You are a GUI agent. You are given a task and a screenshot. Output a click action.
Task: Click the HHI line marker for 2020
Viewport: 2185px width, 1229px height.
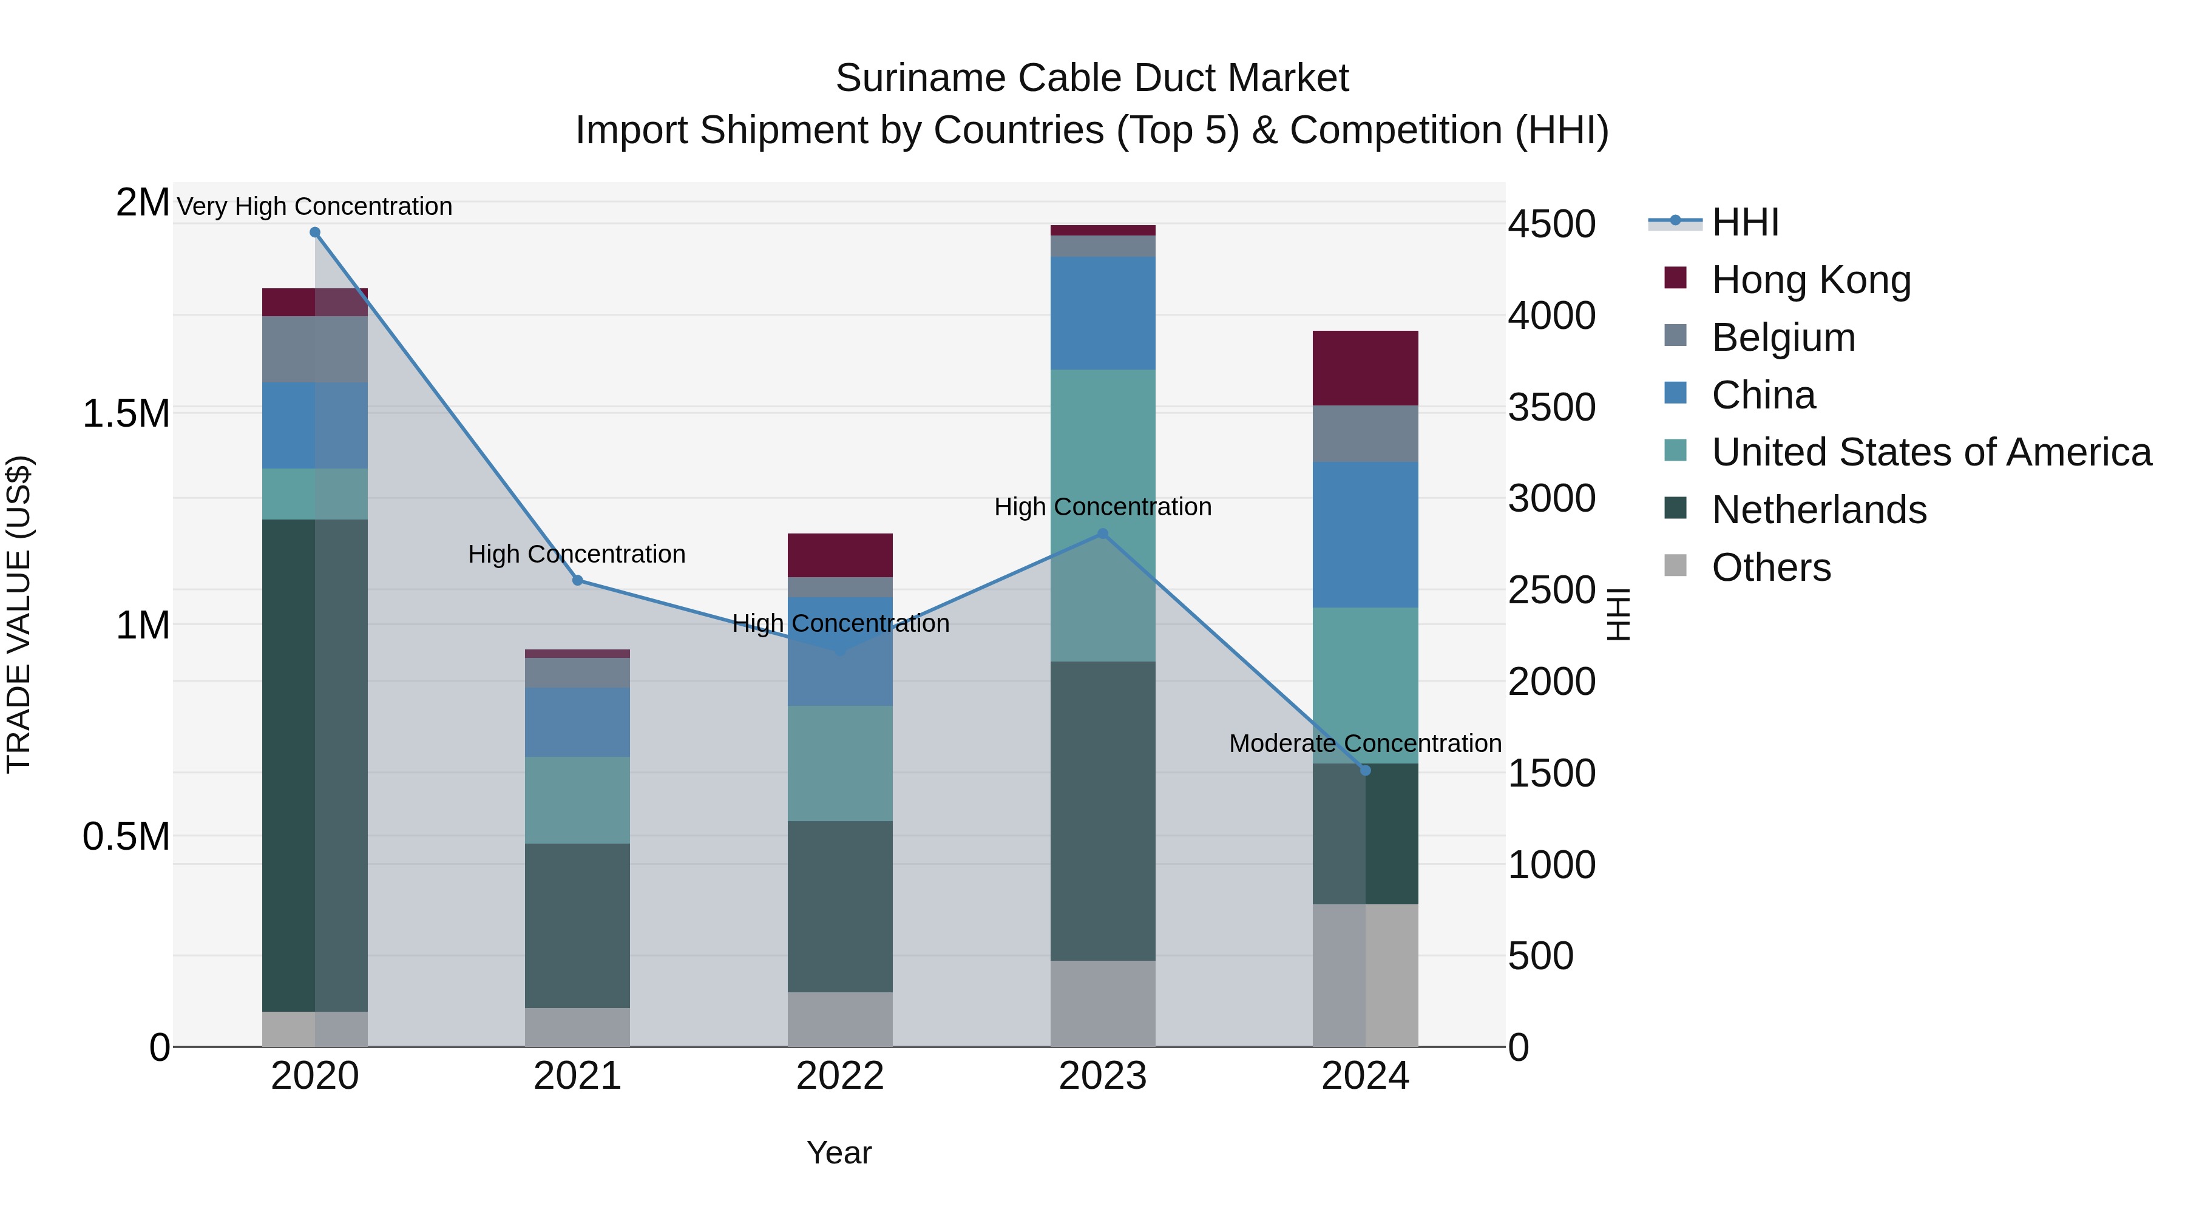314,232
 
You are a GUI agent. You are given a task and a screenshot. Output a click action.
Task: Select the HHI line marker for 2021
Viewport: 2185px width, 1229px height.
578,581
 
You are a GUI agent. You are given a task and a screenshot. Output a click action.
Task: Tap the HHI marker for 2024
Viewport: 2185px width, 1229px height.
1366,770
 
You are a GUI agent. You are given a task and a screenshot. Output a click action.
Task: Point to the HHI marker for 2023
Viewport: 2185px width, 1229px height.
1103,534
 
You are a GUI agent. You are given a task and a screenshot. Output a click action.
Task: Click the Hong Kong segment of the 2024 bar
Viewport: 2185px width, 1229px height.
1366,368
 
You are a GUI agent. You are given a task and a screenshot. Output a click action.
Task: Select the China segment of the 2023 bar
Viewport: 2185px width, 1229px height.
1103,313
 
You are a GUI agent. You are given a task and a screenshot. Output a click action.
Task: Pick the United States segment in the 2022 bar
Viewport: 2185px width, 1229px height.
840,763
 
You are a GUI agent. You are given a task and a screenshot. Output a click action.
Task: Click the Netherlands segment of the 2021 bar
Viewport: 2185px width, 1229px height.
578,926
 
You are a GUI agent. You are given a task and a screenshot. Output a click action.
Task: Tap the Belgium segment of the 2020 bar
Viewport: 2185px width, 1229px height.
314,350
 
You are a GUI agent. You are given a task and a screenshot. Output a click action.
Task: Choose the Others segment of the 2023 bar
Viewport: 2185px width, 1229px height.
1103,1003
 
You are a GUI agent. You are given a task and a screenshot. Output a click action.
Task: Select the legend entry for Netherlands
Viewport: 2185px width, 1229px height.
1818,510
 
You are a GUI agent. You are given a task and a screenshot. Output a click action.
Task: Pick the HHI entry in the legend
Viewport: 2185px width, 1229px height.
1745,222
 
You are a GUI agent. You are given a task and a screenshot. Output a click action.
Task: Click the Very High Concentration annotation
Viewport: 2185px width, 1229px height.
314,206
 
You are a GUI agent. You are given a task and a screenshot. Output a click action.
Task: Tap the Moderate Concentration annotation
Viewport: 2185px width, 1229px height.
1365,743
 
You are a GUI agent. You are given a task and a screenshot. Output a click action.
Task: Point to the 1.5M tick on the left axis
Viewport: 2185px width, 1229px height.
126,414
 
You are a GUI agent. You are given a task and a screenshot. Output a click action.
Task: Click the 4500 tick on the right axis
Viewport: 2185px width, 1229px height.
1551,225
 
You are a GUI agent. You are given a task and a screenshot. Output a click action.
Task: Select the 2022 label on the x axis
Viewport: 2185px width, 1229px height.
840,1076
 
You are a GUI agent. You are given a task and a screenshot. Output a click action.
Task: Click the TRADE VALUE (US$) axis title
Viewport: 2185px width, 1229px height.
19,614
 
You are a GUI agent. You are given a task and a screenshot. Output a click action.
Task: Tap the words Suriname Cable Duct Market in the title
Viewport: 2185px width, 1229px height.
1092,78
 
